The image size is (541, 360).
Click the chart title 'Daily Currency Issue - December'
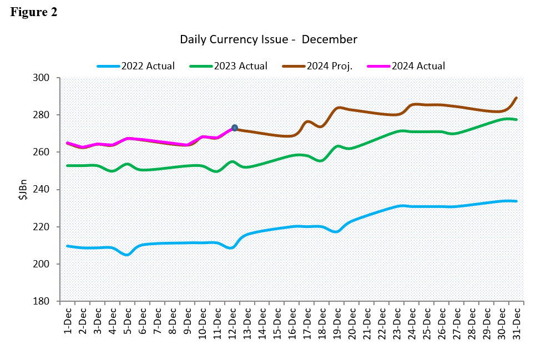pyautogui.click(x=268, y=39)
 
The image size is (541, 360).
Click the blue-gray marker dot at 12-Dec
pyautogui.click(x=235, y=128)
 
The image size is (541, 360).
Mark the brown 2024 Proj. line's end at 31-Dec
pyautogui.click(x=517, y=98)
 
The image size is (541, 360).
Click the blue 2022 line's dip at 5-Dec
pyautogui.click(x=128, y=255)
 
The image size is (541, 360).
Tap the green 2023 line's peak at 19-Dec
pyautogui.click(x=337, y=146)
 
